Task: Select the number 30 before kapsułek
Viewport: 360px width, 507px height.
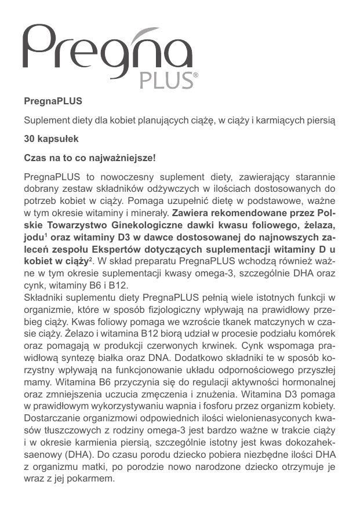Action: [29, 140]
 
